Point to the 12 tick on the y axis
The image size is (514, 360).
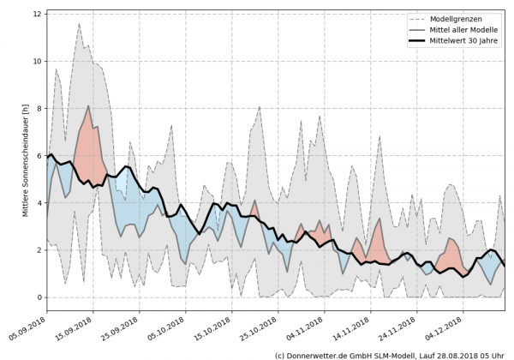point(38,14)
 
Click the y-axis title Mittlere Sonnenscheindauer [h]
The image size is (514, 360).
point(25,158)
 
